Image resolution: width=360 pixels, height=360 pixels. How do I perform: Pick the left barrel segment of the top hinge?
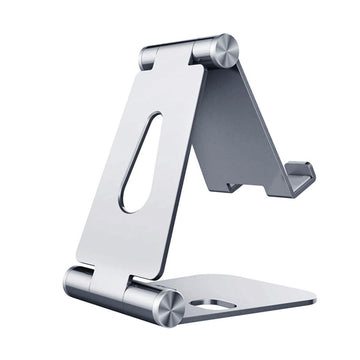coord(149,58)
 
